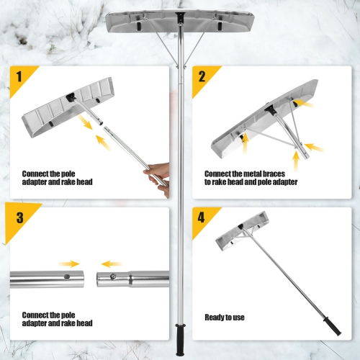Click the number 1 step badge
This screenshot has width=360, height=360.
pos(19,75)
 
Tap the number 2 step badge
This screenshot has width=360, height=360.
pos(202,75)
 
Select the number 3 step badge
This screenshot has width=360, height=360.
pos(19,215)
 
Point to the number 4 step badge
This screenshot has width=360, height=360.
pos(202,215)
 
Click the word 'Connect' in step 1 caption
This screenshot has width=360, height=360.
pos(36,174)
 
